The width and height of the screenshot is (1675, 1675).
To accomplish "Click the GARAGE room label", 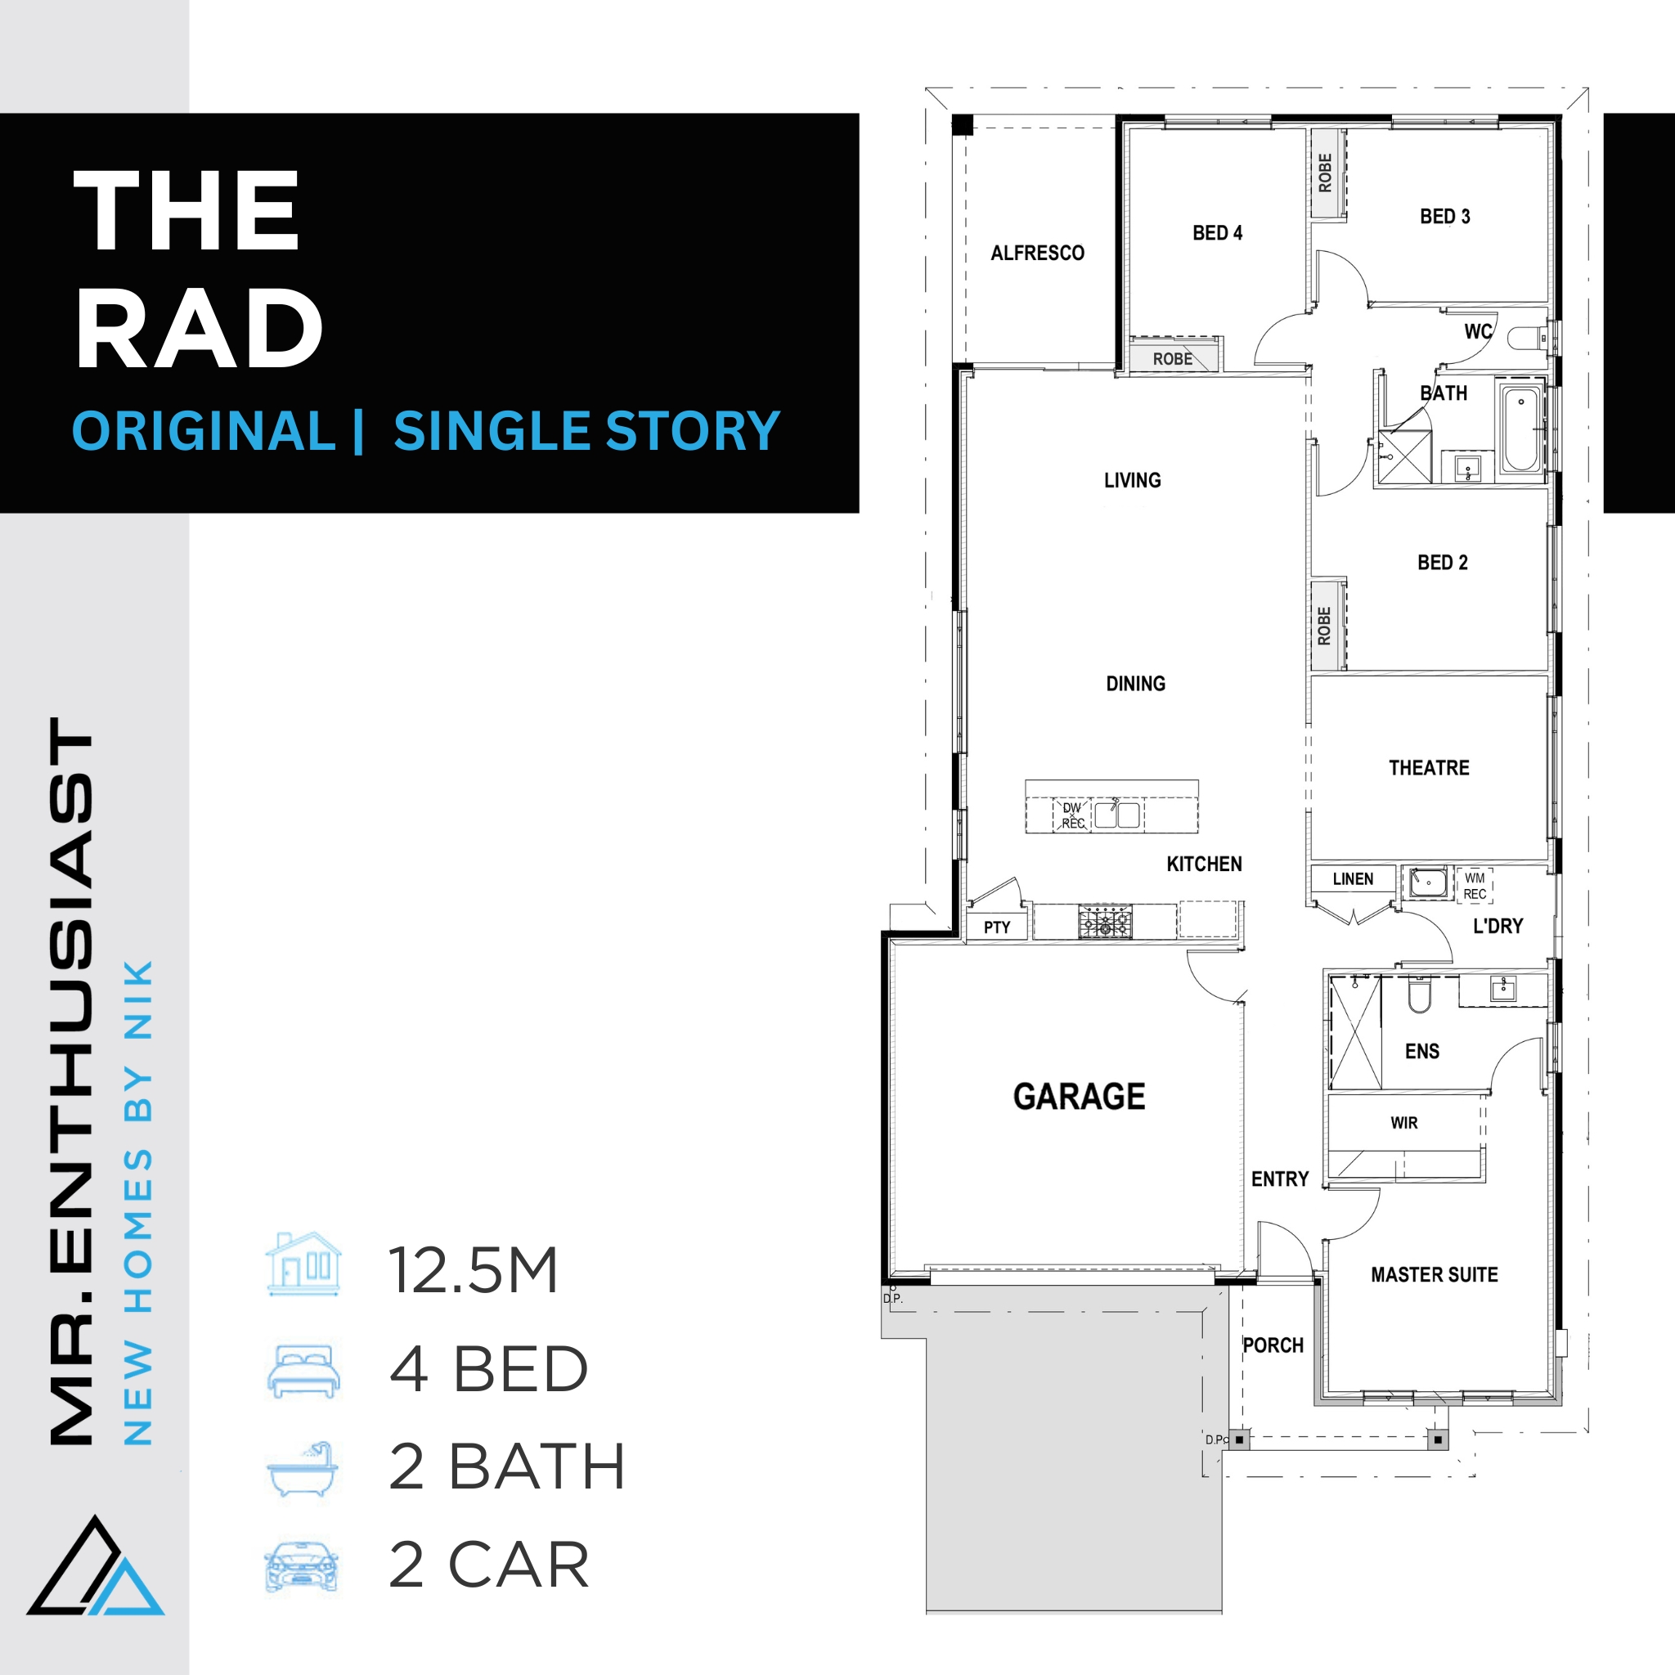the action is pos(1080,1097).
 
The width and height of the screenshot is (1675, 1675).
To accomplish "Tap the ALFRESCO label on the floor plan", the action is pos(1038,254).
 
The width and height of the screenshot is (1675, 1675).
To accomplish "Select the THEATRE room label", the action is pos(1429,768).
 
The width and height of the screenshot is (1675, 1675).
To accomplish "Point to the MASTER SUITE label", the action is pos(1434,1274).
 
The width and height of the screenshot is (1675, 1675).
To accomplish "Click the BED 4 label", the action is pos(1217,233).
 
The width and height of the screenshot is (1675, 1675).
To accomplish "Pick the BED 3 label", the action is pos(1444,217).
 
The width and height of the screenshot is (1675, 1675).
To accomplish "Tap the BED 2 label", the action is pos(1443,563).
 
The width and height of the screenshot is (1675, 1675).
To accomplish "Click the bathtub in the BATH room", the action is pos(1521,429).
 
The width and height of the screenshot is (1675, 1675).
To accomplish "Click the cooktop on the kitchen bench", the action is pos(1106,922).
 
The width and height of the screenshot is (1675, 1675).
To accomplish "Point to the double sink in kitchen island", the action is pos(1116,815).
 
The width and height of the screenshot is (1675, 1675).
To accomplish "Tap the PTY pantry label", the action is pos(997,927).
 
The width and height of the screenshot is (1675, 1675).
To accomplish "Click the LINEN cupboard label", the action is pos(1353,879).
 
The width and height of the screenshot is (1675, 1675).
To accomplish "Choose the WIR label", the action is pos(1403,1124).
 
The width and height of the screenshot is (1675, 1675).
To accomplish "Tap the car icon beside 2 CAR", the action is pos(301,1568).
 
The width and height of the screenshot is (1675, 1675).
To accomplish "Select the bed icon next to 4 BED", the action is pos(303,1372).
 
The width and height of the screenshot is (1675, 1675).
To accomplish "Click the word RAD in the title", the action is pos(199,330).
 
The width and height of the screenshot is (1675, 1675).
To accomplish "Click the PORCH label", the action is pos(1273,1345).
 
